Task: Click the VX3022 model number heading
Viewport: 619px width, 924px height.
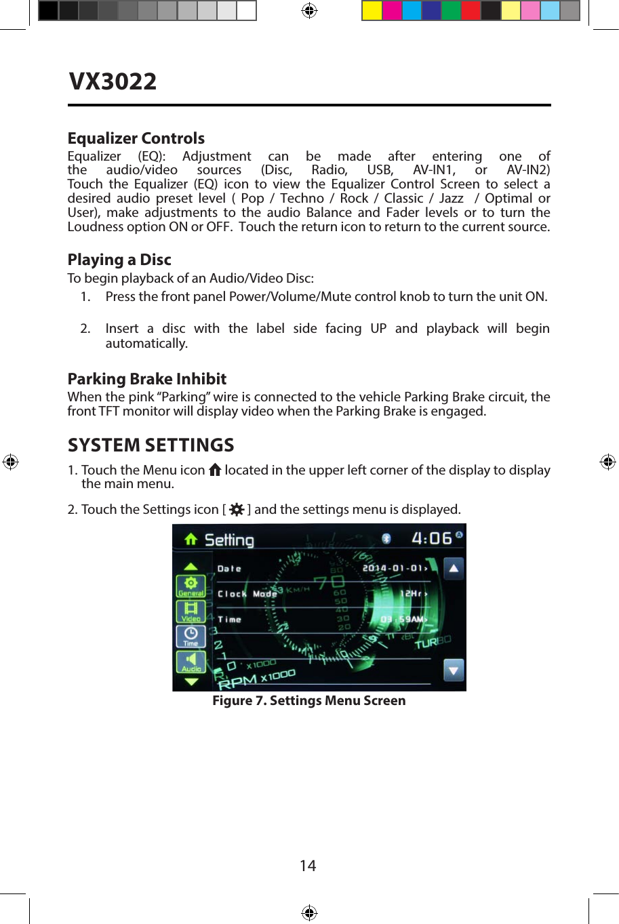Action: pos(113,81)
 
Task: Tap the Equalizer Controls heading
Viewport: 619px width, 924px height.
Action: pos(136,138)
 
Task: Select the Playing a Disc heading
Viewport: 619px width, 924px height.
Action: pos(119,260)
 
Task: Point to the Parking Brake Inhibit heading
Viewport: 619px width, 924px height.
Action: pos(146,379)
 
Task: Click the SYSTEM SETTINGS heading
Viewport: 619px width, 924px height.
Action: pos(151,445)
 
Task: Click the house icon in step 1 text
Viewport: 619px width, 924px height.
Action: pos(215,469)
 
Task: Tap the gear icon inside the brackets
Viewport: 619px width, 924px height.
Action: pos(237,509)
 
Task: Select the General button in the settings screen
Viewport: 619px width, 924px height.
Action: pos(191,586)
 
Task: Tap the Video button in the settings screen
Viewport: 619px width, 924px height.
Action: pos(191,611)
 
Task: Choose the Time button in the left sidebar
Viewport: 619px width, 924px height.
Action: pos(191,637)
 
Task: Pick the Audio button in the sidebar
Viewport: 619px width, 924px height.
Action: pos(191,662)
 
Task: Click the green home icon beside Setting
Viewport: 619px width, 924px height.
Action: pos(191,539)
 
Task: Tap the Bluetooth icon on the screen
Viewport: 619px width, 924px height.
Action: pos(386,538)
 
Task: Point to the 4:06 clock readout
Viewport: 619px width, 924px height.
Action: pos(432,538)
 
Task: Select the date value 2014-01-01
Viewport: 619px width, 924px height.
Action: pos(395,568)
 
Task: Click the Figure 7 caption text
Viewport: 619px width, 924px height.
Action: pos(308,700)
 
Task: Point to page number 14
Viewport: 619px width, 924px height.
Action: pos(308,866)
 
